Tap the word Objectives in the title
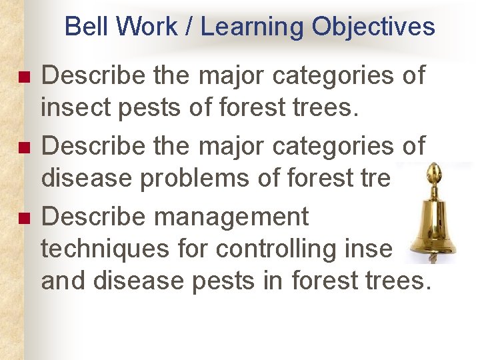click(x=373, y=27)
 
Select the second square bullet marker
click(x=25, y=147)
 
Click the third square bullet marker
click(x=25, y=218)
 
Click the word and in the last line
click(x=64, y=281)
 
